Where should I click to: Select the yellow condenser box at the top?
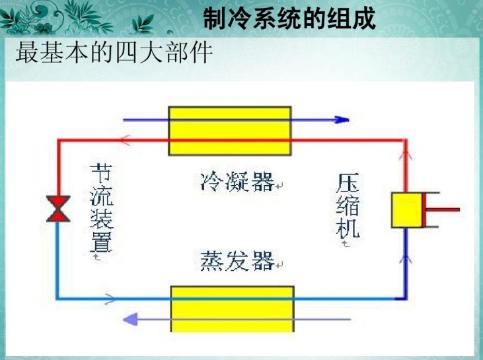(229, 130)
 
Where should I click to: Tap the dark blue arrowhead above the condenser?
(341, 120)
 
